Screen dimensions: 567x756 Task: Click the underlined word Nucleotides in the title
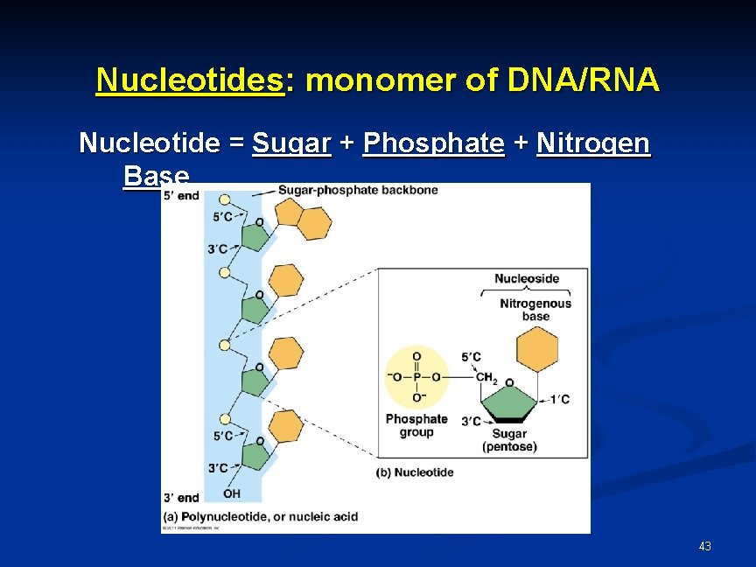point(191,80)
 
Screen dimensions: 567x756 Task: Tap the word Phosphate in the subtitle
point(433,143)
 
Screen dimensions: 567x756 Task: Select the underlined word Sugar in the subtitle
point(291,143)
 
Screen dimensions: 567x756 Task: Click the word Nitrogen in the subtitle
point(593,143)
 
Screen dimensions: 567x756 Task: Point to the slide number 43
point(704,546)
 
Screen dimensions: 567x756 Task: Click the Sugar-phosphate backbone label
point(358,190)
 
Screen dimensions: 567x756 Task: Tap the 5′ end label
point(182,195)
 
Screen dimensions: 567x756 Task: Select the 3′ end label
point(182,498)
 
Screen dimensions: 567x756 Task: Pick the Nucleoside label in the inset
point(526,279)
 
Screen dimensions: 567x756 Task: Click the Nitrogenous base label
point(535,310)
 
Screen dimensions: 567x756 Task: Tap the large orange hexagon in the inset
point(537,351)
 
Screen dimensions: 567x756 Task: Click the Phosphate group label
point(416,425)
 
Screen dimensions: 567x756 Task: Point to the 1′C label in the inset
point(559,400)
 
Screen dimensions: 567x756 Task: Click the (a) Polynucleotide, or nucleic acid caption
point(261,516)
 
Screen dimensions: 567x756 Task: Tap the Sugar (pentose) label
point(509,440)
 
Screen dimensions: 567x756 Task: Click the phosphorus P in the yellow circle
point(416,377)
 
